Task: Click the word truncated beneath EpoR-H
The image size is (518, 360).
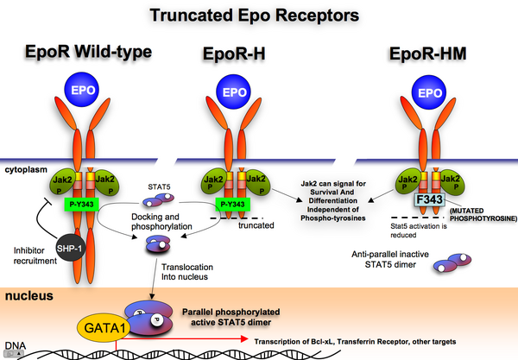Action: [256, 225]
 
